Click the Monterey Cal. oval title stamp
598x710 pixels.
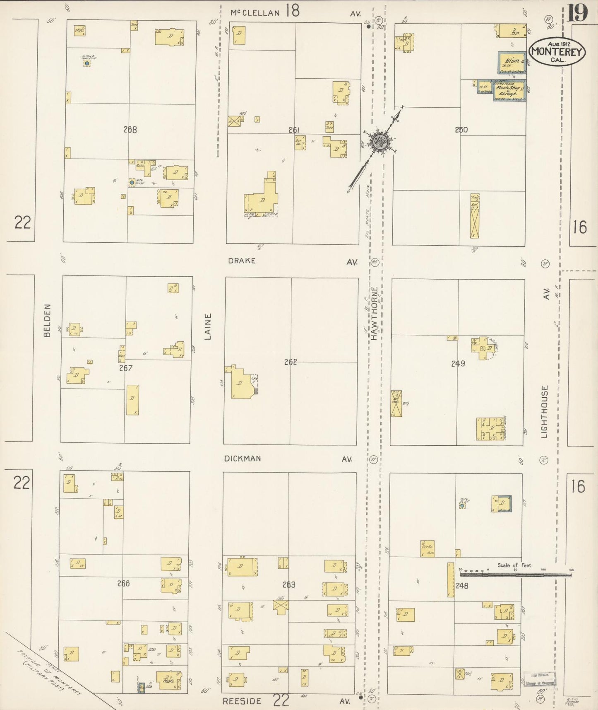pos(557,52)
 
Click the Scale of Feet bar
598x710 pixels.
pos(515,575)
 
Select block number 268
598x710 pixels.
pos(130,130)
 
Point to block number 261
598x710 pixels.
pos(294,130)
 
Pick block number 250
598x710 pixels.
pos(461,130)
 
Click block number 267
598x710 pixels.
pos(126,368)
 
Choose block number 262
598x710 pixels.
pos(291,362)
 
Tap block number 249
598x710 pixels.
pos(458,364)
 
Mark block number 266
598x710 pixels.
pos(123,583)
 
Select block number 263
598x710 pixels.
pos(289,584)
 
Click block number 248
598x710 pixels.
pos(462,586)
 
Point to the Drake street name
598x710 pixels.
pos(242,261)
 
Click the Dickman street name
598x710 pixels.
pos(243,459)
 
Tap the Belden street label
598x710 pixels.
pos(47,320)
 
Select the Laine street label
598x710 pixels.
pos(208,326)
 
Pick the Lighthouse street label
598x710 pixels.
pos(544,412)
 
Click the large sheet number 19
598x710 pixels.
pos(577,13)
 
